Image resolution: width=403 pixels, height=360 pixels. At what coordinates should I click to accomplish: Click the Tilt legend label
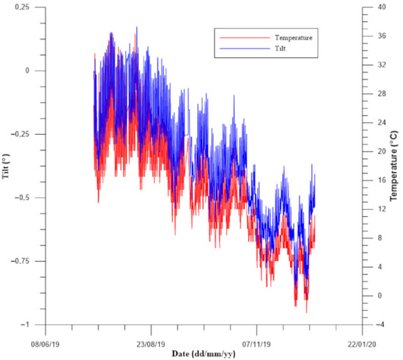282,48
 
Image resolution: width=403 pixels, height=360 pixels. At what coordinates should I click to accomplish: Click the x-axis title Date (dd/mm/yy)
203,353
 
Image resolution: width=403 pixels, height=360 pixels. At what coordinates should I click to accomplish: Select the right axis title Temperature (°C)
396,166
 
